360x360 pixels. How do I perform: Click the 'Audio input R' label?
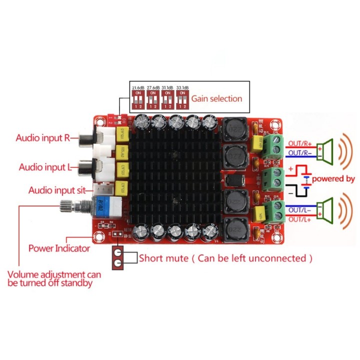(43, 138)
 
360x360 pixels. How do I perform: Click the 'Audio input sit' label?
(57, 190)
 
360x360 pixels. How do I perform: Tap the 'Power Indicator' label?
(59, 248)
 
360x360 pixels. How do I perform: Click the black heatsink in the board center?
(174, 180)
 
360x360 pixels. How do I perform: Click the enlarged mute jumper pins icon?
(118, 258)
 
